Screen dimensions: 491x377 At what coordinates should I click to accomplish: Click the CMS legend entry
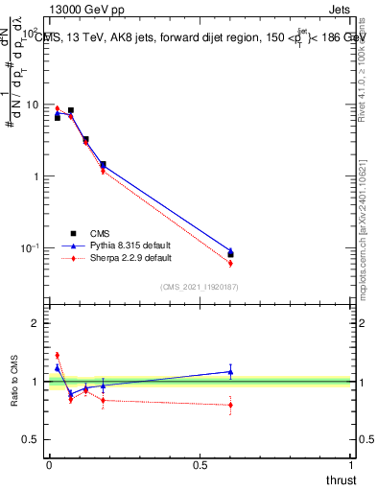point(101,233)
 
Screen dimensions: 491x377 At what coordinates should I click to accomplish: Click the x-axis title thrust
point(342,480)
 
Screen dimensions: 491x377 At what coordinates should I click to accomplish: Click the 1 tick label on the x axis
point(352,466)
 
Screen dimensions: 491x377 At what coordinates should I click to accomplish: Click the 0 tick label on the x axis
point(49,466)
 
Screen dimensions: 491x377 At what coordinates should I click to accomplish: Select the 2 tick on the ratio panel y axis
point(35,323)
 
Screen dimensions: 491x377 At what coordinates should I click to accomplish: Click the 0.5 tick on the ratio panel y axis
point(30,439)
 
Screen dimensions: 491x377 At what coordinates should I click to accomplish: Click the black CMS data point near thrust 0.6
point(230,255)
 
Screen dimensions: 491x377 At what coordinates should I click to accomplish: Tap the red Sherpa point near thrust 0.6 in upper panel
point(230,263)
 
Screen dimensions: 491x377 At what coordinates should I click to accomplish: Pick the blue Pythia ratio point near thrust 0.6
point(230,371)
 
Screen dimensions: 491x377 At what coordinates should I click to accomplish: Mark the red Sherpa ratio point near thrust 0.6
point(230,405)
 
